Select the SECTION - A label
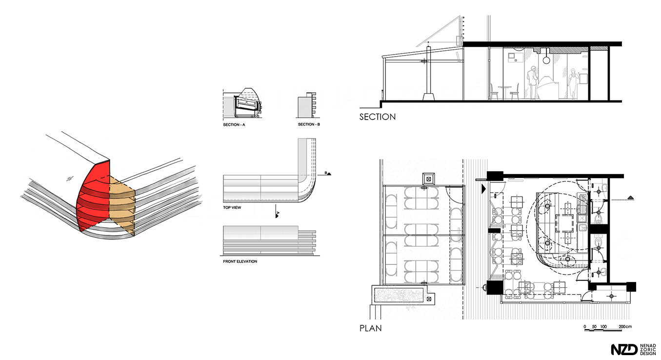click(x=234, y=125)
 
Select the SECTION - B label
click(x=309, y=124)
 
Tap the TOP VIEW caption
click(x=232, y=208)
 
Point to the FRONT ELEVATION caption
click(x=240, y=261)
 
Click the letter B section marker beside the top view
click(x=326, y=173)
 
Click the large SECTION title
click(x=378, y=117)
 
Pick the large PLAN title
click(x=370, y=328)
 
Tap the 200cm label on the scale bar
click(x=625, y=327)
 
